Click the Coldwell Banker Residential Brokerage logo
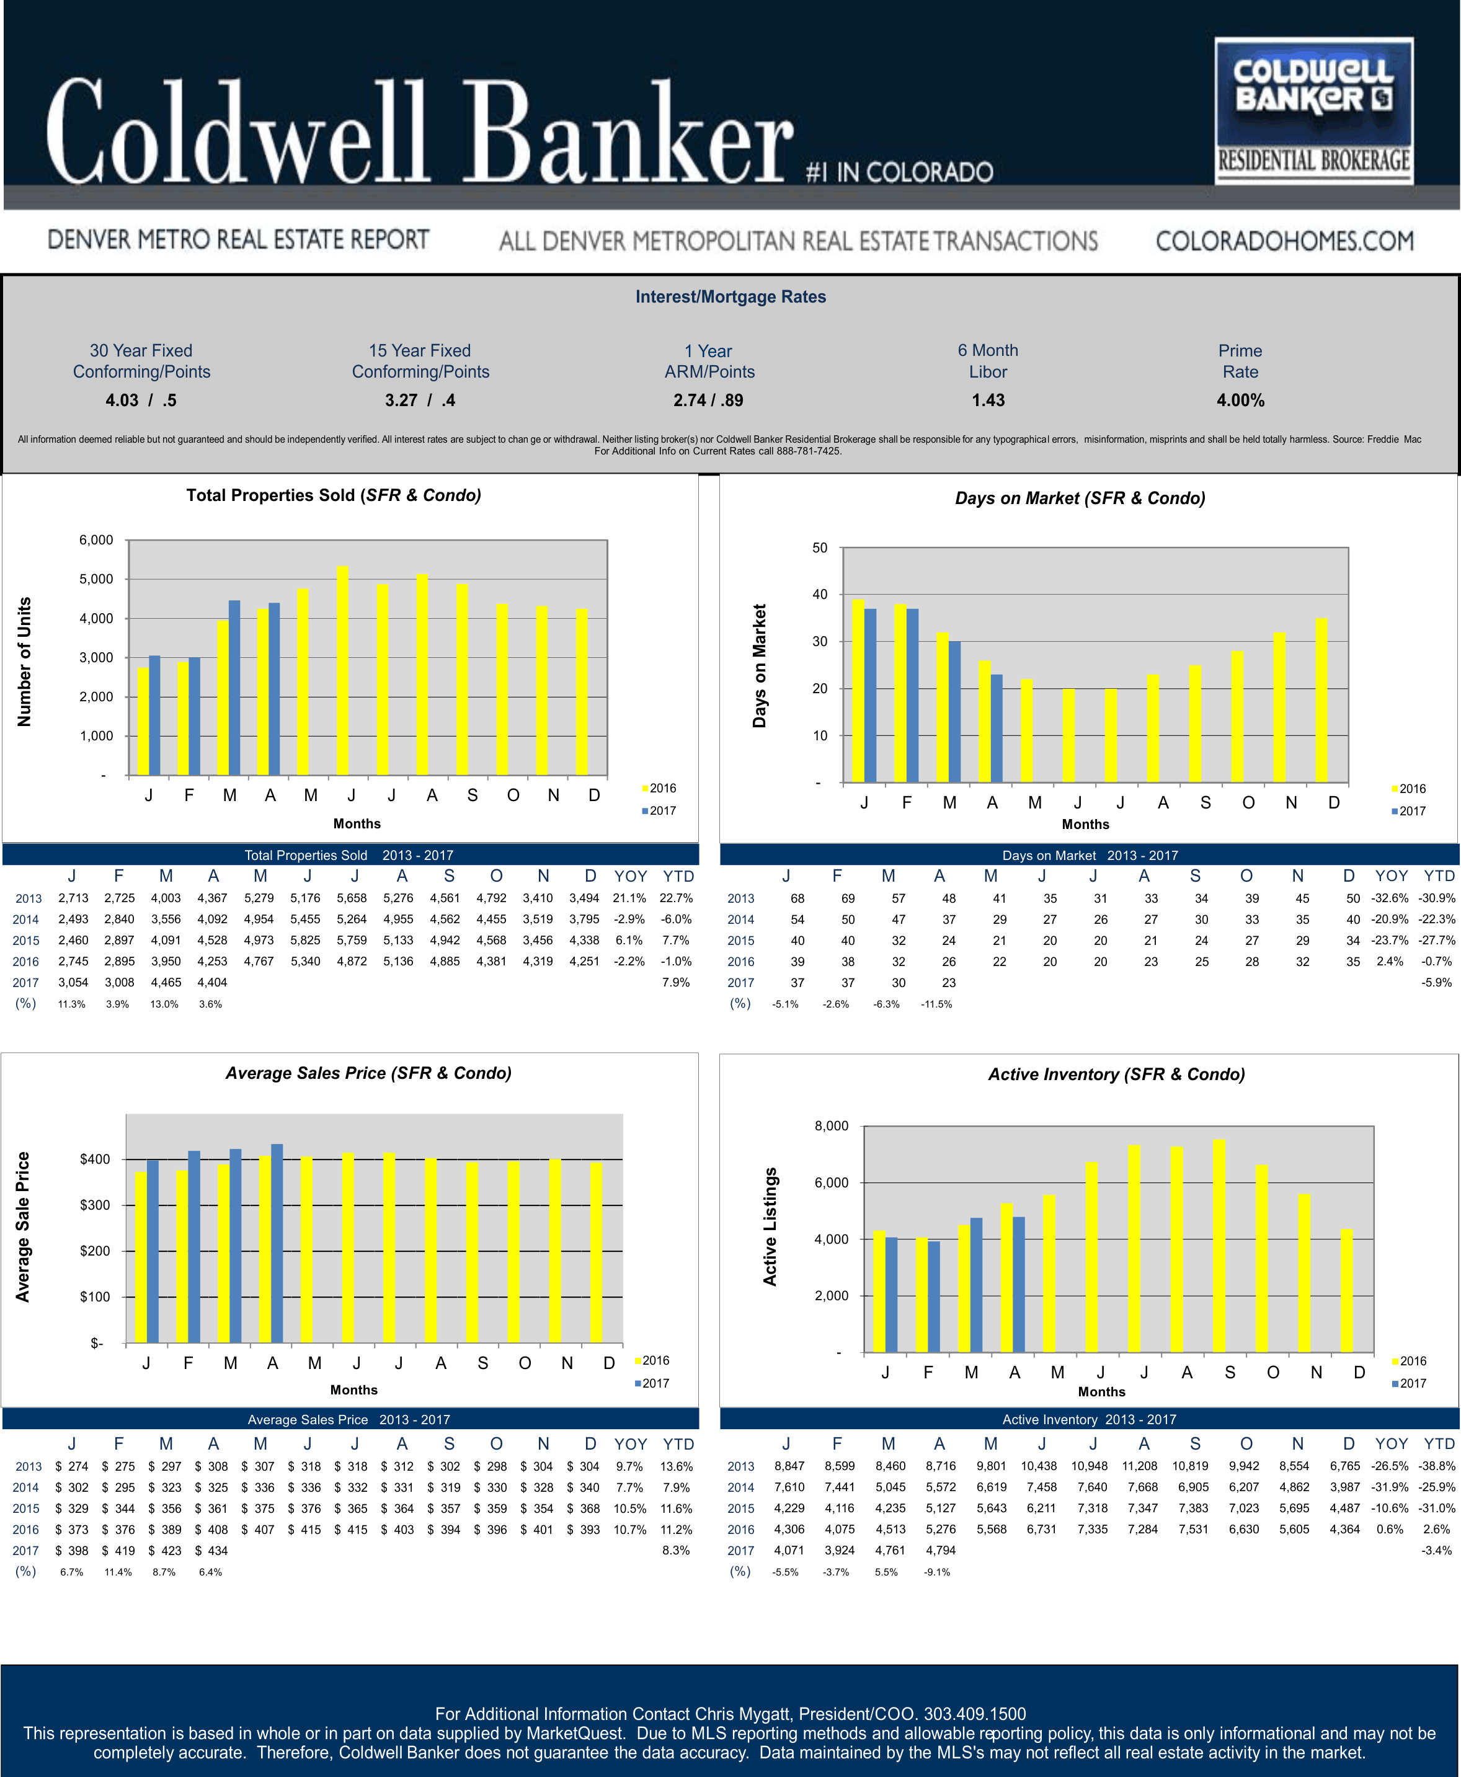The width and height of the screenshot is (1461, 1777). pos(1313,110)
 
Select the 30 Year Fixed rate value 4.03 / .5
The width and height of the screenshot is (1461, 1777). pos(141,401)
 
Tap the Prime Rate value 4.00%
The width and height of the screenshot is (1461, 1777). pos(1240,401)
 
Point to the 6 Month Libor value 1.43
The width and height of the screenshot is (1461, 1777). pos(988,401)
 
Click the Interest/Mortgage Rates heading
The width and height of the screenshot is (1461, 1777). pos(731,297)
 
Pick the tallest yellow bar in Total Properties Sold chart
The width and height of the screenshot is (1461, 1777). pos(342,671)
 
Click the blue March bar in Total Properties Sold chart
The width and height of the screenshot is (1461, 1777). pos(235,688)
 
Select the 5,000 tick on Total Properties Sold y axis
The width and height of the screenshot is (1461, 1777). pos(96,579)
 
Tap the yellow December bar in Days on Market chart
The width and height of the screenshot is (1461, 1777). pos(1321,700)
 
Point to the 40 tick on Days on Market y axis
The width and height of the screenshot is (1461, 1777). pos(820,594)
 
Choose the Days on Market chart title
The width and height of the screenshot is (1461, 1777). pos(1080,498)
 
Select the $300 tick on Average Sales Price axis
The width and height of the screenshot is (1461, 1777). pos(95,1205)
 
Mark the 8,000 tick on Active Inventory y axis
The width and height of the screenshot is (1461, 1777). pos(832,1126)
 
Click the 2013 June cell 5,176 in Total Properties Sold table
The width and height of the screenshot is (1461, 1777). pos(304,898)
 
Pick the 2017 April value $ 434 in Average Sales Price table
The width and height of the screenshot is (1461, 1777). pos(212,1550)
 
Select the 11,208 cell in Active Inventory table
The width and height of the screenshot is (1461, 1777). pos(1140,1466)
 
